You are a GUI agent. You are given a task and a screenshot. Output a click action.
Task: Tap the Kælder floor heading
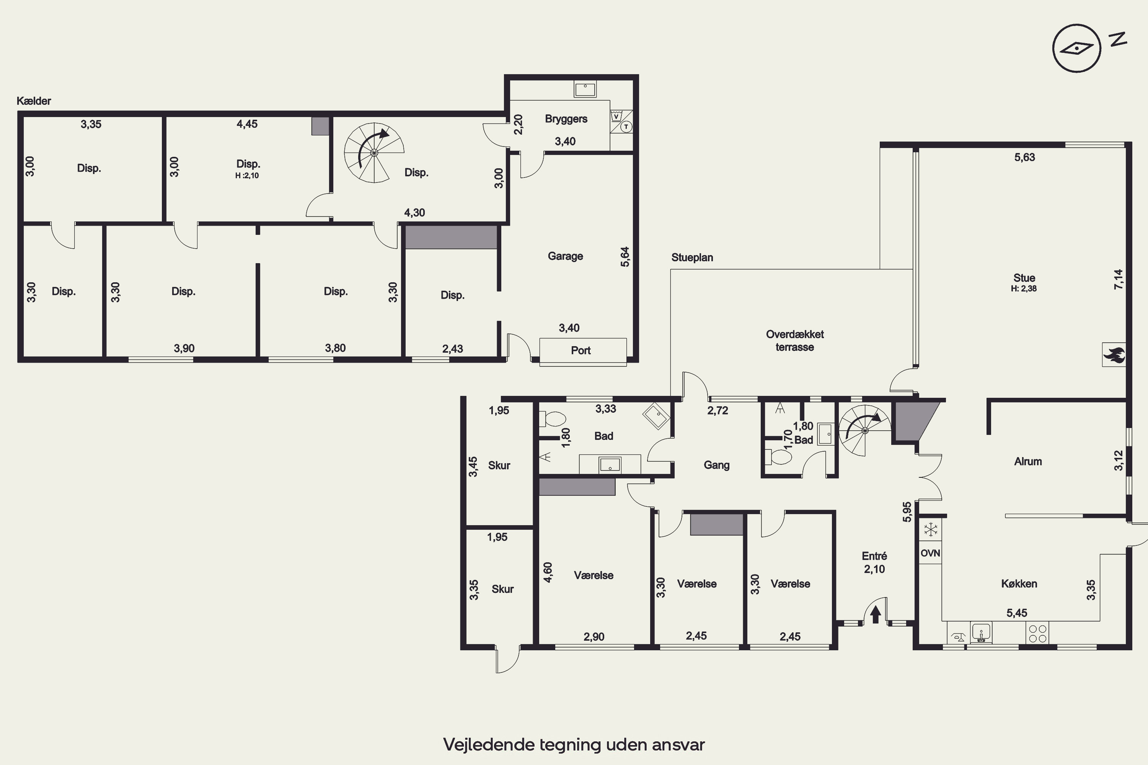pos(34,101)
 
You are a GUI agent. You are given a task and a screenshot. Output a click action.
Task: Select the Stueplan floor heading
pos(692,257)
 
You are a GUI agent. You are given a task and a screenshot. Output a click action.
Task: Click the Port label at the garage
pos(581,350)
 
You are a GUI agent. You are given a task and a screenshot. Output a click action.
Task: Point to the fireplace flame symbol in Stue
pos(1114,355)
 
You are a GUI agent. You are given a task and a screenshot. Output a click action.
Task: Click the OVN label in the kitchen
pos(930,553)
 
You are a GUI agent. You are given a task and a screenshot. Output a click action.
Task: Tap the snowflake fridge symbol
pos(931,529)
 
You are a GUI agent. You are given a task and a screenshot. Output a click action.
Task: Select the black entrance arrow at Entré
pos(876,614)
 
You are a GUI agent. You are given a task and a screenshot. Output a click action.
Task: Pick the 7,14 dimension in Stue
pos(1118,280)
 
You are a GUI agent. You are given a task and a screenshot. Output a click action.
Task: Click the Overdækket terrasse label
pos(795,340)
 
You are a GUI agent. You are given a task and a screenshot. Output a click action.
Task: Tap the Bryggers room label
pos(566,119)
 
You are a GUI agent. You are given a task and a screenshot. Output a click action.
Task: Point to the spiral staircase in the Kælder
pos(374,153)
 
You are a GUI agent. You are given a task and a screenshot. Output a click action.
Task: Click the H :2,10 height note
pos(247,176)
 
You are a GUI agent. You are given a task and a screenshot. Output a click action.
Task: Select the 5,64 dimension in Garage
pos(625,257)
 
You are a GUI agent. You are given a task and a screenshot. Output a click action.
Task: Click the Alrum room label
pos(1028,462)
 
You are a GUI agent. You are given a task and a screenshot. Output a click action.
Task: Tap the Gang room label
pos(716,466)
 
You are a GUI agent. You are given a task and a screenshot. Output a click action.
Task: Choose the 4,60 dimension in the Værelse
pos(548,572)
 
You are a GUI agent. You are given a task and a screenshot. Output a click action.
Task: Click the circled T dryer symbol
pos(626,127)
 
